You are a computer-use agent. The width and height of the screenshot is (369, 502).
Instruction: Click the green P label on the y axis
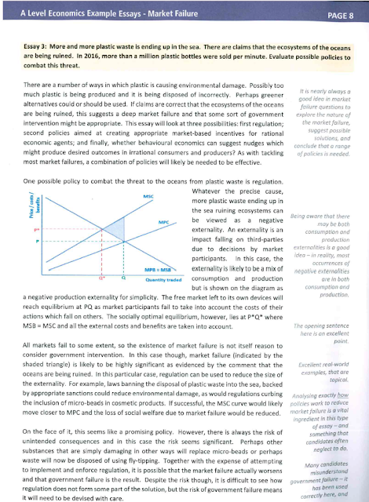(x=37, y=244)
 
